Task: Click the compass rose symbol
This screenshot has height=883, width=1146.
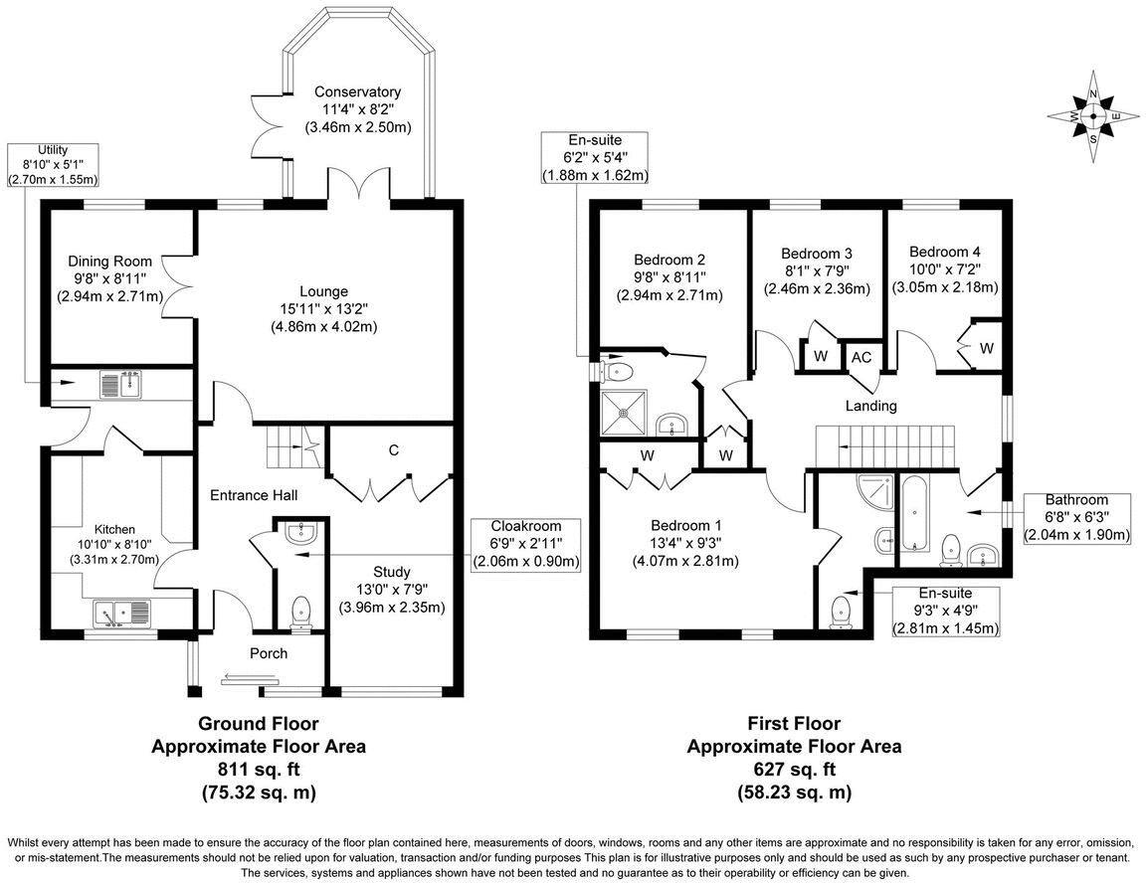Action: [1093, 115]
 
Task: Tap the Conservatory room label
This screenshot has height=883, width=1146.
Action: [357, 91]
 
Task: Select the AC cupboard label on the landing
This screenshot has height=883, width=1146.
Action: [860, 356]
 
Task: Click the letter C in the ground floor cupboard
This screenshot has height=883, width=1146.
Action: [394, 450]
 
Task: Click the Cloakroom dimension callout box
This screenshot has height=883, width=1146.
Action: [525, 544]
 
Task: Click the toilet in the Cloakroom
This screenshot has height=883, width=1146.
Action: [300, 613]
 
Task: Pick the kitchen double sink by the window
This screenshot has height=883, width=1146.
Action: [120, 611]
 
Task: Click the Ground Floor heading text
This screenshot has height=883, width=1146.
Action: [259, 723]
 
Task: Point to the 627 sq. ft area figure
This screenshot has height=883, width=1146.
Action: [794, 769]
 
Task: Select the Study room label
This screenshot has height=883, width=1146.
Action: [391, 572]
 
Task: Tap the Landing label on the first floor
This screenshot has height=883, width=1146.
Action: [870, 406]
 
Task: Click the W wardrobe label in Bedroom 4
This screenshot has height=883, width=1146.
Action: [985, 347]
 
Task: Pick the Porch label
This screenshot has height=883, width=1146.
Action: [268, 653]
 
